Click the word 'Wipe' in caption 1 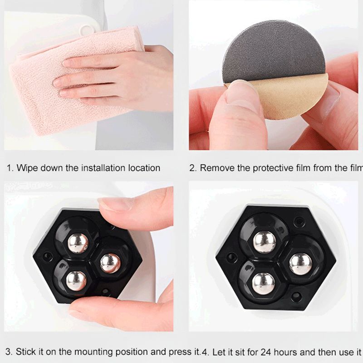[27, 168]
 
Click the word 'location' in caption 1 [143, 168]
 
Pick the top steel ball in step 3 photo [78, 243]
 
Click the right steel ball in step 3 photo [110, 263]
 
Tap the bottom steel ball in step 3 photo [76, 280]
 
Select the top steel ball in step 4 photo [264, 241]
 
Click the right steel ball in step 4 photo [300, 264]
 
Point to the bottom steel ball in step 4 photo [263, 283]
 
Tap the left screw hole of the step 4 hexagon [232, 258]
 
